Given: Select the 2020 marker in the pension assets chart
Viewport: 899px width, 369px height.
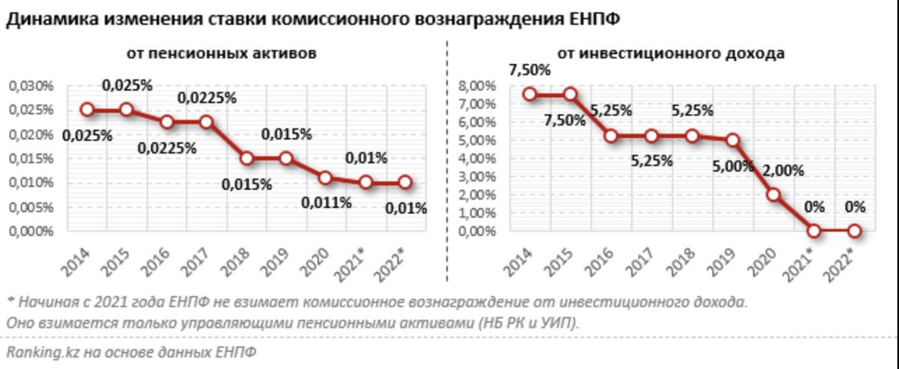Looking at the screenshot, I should pyautogui.click(x=325, y=177).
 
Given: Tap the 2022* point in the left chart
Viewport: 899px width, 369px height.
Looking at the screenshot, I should pyautogui.click(x=405, y=182).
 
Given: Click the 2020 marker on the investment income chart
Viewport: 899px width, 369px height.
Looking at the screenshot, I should pyautogui.click(x=773, y=194).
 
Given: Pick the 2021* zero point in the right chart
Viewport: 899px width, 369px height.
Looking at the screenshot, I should pyautogui.click(x=814, y=231).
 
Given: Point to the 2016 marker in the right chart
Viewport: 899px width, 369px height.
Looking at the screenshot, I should pyautogui.click(x=611, y=136).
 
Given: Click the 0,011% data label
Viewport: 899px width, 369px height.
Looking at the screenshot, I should pyautogui.click(x=326, y=202).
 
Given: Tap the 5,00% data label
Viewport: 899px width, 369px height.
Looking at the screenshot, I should pyautogui.click(x=732, y=167).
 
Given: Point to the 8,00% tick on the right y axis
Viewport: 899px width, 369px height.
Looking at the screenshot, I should pyautogui.click(x=477, y=86).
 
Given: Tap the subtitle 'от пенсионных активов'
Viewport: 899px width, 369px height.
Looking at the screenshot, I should pyautogui.click(x=221, y=54).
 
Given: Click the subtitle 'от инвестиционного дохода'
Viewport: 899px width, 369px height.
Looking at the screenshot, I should pyautogui.click(x=671, y=54).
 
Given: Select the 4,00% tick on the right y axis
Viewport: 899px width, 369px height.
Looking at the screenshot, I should pyautogui.click(x=477, y=158).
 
